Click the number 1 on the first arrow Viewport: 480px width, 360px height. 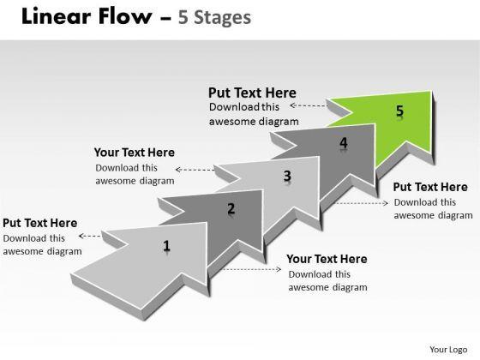(166, 245)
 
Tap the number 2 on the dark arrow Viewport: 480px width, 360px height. (231, 208)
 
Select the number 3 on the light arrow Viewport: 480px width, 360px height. (287, 176)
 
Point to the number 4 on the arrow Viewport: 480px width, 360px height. (344, 142)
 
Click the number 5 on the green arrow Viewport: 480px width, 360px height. (399, 111)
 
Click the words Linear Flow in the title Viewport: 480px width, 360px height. (87, 16)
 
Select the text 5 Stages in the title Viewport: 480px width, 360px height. (214, 17)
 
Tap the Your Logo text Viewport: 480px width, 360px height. (448, 350)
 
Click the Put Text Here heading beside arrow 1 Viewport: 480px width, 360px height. (40, 223)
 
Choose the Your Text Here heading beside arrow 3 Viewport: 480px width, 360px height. (135, 153)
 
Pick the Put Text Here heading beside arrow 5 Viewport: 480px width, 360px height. (252, 93)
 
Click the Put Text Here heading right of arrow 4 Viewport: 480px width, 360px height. (430, 187)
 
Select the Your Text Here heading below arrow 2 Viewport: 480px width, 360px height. (327, 259)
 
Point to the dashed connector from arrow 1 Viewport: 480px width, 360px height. (90, 236)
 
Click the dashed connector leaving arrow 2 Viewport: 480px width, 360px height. (250, 269)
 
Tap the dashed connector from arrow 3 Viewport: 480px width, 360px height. (195, 170)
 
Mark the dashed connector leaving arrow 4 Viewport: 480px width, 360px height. (361, 203)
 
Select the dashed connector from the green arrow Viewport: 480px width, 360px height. (309, 105)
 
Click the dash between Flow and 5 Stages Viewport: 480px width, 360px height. (165, 18)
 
